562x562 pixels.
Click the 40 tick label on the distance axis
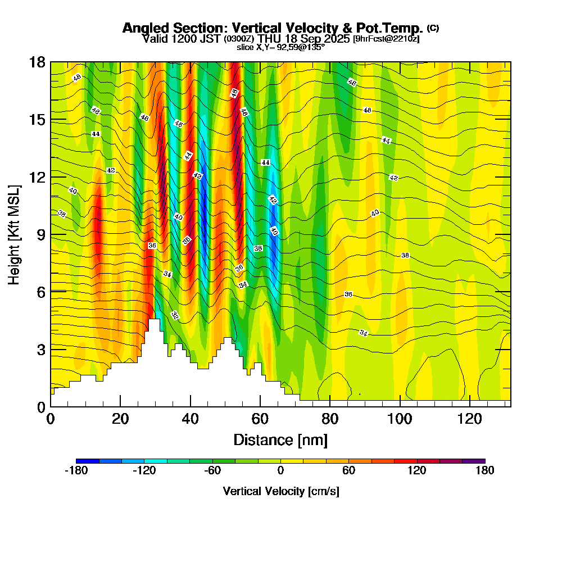click(191, 419)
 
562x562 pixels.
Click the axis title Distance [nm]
click(280, 439)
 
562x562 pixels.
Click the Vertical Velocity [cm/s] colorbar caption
click(280, 491)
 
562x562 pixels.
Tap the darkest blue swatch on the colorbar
click(87, 461)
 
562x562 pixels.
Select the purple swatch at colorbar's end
click(473, 461)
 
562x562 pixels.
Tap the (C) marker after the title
click(433, 28)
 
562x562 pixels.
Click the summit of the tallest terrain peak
click(153, 319)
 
